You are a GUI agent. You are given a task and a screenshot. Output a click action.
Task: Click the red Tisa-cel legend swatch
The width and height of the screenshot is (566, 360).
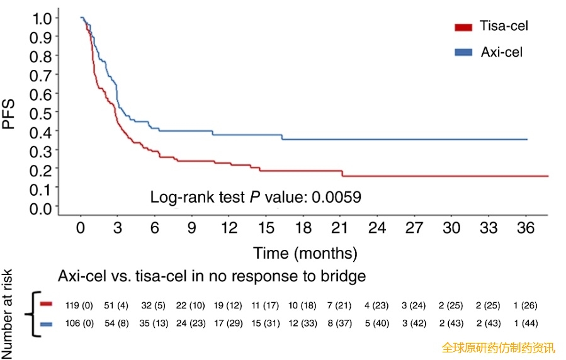click(463, 26)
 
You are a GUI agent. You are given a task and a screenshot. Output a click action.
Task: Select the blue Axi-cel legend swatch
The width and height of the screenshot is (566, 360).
click(463, 52)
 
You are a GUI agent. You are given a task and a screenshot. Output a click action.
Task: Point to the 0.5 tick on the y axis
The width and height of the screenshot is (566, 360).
click(42, 113)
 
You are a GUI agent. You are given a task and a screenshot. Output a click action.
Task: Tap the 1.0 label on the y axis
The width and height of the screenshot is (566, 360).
click(42, 18)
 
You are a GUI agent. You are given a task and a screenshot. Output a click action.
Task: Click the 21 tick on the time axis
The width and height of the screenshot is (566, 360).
click(341, 227)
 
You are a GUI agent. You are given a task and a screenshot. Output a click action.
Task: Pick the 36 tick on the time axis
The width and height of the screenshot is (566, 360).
click(526, 227)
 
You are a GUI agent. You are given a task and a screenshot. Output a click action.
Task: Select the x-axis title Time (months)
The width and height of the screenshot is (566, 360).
click(305, 253)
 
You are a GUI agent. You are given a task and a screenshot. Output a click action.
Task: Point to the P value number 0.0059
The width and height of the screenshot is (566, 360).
click(334, 197)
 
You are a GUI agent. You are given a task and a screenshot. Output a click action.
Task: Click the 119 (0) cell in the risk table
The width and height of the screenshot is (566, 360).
click(79, 306)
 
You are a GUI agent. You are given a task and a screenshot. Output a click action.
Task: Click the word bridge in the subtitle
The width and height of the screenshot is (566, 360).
click(345, 276)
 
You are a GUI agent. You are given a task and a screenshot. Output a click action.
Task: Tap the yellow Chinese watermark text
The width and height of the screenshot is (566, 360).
click(498, 347)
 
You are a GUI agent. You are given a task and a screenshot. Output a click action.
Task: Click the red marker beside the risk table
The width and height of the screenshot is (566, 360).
click(45, 305)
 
